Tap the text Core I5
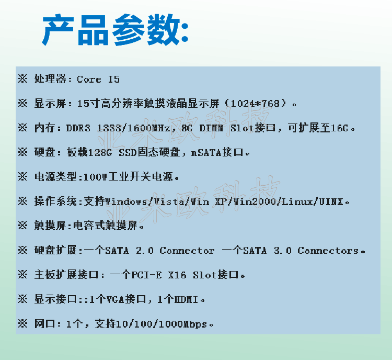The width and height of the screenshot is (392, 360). click(98, 79)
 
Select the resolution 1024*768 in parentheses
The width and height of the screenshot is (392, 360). click(255, 103)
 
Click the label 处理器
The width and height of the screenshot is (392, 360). click(50, 79)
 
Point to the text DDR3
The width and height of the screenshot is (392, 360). click(78, 128)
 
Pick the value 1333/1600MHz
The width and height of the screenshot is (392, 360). click(133, 128)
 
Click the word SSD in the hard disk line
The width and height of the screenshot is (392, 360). click(128, 152)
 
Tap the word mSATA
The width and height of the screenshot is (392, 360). click(206, 152)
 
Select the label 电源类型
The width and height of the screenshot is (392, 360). click(55, 177)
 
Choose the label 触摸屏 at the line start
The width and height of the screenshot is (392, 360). click(50, 226)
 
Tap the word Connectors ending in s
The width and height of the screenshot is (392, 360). click(328, 250)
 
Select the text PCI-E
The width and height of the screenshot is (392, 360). click(146, 275)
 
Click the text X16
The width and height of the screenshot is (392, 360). click(177, 275)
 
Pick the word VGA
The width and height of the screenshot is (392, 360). click(116, 299)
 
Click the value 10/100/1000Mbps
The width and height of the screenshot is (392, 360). click(162, 324)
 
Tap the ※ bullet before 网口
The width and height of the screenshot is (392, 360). click(23, 324)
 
